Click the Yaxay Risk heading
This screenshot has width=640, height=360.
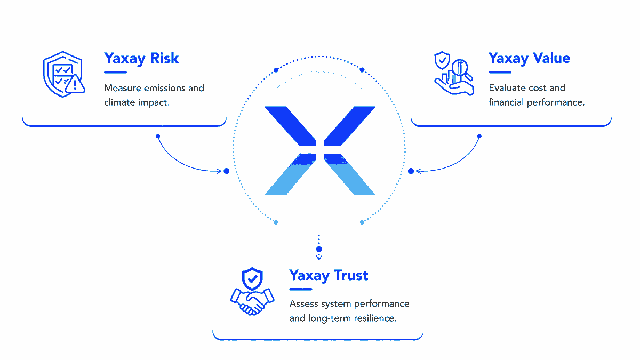(141, 59)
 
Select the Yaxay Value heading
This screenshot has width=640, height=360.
(529, 59)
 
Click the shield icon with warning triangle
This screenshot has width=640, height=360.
(64, 74)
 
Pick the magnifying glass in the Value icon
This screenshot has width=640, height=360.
(461, 70)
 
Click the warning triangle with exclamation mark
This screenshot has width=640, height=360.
(75, 84)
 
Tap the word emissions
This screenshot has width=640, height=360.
(165, 88)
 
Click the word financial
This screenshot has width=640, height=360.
(506, 102)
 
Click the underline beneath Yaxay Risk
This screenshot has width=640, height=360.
(115, 73)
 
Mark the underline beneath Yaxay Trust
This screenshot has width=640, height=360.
(301, 289)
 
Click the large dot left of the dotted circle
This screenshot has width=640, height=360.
(227, 171)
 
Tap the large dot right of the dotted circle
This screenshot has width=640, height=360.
(411, 171)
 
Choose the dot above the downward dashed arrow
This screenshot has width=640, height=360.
(319, 249)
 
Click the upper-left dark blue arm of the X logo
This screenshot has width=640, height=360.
(291, 126)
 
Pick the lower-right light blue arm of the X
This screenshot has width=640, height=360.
(350, 175)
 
